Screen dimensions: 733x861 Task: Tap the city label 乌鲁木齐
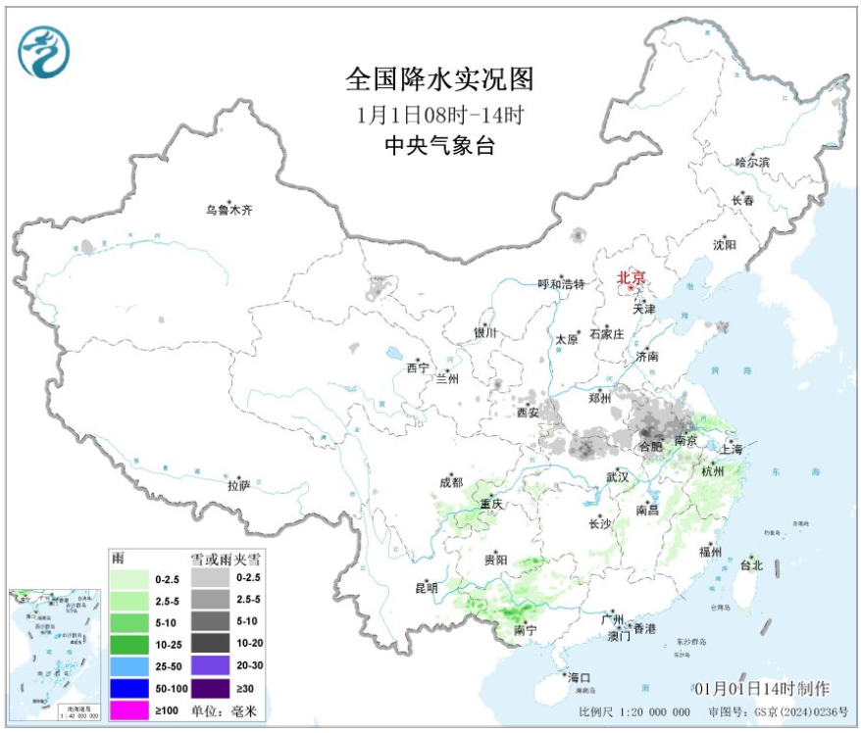tap(228, 209)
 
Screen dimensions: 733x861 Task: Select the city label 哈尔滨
tap(752, 162)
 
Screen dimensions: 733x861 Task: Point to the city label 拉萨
tap(238, 485)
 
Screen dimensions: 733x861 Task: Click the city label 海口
tap(579, 677)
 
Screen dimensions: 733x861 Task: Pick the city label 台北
tap(751, 565)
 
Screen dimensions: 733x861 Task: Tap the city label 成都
tap(450, 481)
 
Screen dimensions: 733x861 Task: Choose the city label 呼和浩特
tap(561, 284)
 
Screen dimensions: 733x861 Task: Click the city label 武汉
tap(616, 476)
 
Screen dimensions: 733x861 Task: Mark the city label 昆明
tap(427, 588)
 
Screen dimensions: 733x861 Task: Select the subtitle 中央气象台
tap(439, 146)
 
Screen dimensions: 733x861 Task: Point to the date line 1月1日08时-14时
tap(440, 113)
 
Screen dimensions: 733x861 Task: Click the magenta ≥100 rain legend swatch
tap(129, 709)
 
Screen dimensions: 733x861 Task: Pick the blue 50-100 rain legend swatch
tap(129, 687)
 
